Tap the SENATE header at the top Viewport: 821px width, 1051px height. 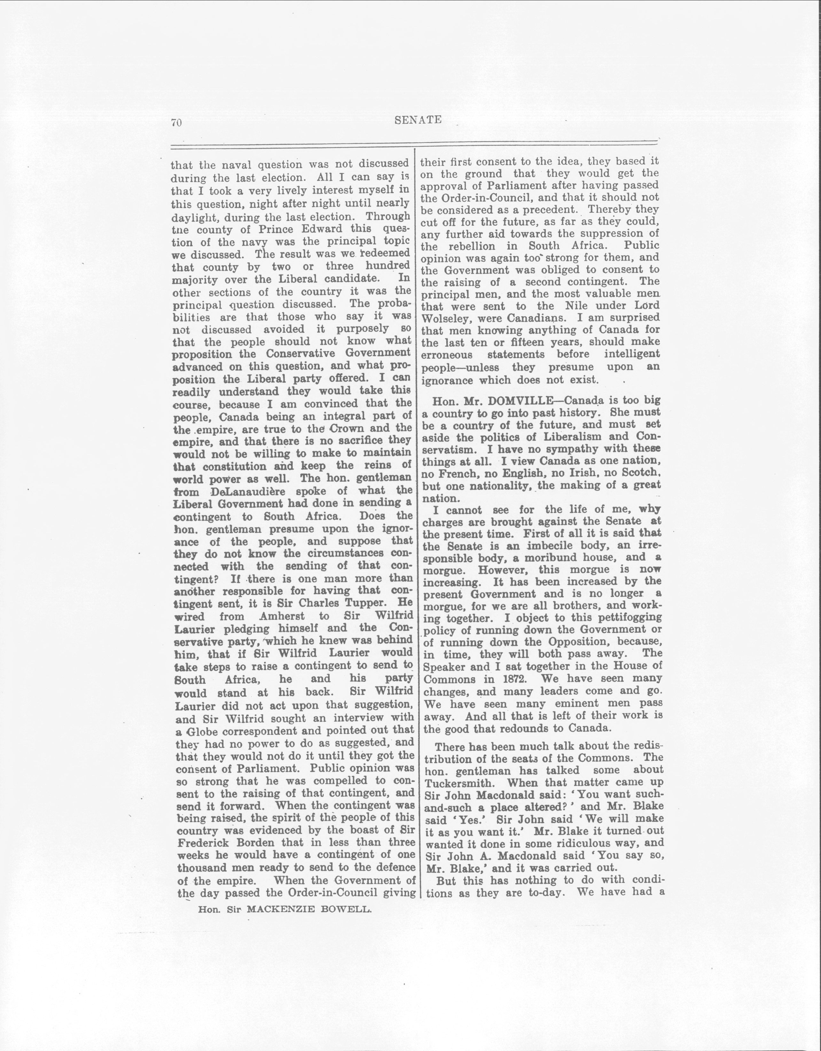(x=418, y=120)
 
